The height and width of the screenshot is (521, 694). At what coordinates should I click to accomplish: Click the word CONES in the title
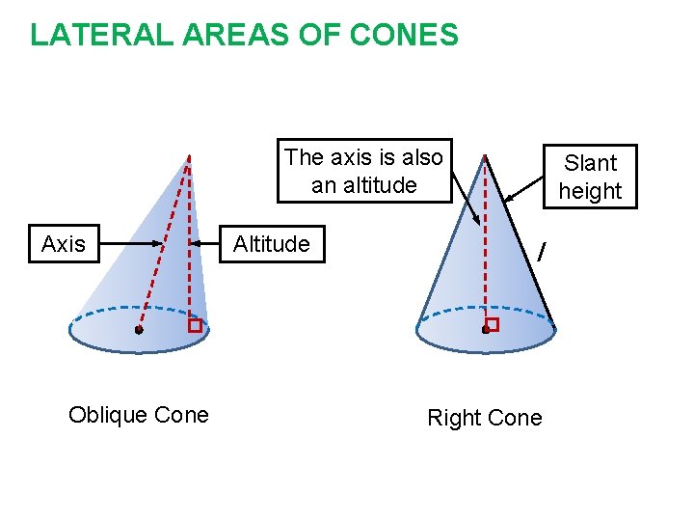point(404,36)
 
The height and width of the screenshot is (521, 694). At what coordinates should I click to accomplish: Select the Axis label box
point(64,245)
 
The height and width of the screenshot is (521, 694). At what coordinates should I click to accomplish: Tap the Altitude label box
point(272,245)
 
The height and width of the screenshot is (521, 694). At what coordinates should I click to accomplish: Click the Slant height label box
point(590,177)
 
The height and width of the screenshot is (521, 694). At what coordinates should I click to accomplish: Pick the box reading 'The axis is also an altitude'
point(364,171)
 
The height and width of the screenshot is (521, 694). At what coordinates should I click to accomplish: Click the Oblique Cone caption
point(139,415)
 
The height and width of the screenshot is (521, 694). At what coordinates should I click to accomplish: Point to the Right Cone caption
point(485,418)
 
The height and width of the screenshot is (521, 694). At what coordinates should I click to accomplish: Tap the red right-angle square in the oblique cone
point(195,326)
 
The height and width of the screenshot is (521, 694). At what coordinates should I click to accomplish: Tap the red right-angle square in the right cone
point(492,324)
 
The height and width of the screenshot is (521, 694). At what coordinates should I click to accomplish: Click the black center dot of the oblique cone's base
point(139,330)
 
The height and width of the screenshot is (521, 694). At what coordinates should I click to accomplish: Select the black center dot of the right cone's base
point(485,330)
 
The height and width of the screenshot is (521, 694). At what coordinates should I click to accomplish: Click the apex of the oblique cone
point(189,155)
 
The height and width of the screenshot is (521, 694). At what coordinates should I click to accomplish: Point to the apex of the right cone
point(485,155)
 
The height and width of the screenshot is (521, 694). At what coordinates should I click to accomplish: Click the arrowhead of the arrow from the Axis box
point(161,245)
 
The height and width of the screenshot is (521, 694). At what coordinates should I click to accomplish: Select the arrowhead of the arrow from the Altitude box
point(193,245)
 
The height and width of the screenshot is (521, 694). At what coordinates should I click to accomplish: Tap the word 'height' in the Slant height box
point(590,191)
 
